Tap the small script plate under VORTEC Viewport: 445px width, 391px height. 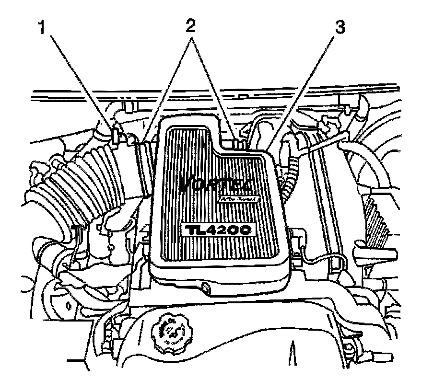tap(238, 198)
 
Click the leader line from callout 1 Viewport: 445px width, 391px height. tap(79, 81)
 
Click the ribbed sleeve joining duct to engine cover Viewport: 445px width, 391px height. tap(144, 168)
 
